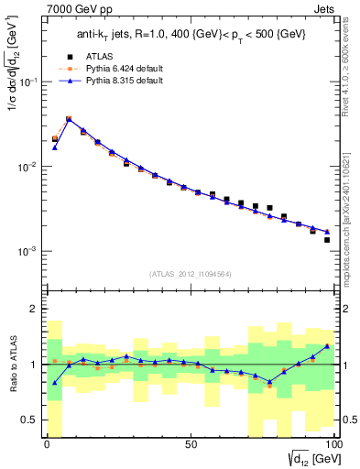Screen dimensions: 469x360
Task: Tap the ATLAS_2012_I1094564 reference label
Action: coord(188,273)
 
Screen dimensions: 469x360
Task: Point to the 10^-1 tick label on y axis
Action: coord(28,82)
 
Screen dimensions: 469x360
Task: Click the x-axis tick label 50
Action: coord(190,446)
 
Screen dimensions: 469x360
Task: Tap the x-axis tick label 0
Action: coord(47,446)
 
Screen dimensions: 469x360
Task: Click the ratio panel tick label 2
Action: coord(34,309)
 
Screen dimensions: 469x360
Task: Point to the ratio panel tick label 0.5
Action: coord(30,420)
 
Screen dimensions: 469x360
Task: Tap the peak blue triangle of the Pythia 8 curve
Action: coord(69,119)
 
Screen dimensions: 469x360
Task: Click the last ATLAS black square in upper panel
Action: coord(326,240)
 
